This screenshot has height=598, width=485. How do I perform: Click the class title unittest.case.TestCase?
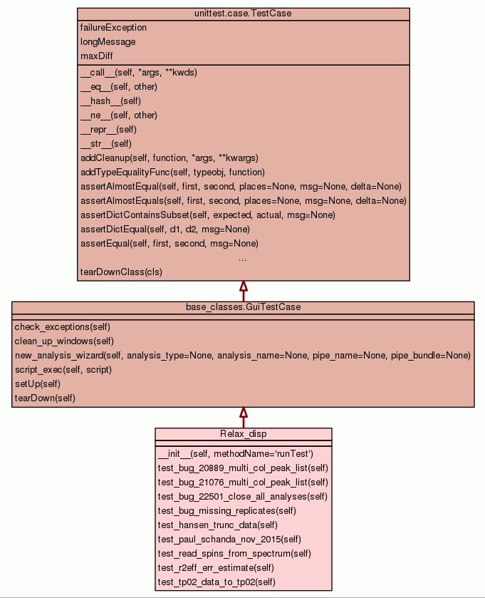tap(243, 14)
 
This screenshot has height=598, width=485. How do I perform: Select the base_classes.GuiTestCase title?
tap(243, 307)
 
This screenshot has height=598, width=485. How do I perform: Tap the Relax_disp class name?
tap(243, 434)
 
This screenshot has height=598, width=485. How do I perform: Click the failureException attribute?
tap(113, 28)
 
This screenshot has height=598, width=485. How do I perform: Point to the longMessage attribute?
tap(108, 42)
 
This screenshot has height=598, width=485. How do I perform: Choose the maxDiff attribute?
tap(96, 56)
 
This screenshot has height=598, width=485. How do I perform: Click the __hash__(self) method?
tap(110, 101)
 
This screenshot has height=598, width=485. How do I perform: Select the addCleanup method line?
tap(169, 158)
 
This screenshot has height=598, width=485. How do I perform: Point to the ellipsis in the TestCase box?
tap(243, 258)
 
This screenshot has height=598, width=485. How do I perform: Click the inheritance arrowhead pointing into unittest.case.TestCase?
tap(243, 287)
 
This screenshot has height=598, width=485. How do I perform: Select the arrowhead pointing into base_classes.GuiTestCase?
tap(243, 413)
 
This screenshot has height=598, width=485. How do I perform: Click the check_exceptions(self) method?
tap(62, 327)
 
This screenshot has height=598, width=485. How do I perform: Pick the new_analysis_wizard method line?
tap(242, 356)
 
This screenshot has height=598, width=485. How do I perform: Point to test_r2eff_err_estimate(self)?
tap(216, 568)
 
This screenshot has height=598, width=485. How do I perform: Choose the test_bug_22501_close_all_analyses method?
tap(243, 497)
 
